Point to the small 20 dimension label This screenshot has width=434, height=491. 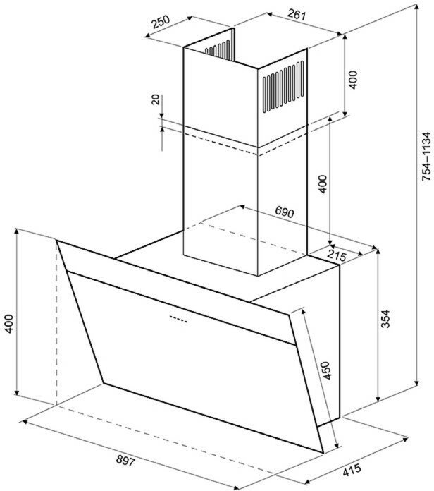click(156, 99)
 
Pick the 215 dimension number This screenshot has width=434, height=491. click(337, 257)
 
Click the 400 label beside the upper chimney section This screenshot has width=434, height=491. click(354, 80)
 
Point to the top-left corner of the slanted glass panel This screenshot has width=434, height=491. click(57, 242)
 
